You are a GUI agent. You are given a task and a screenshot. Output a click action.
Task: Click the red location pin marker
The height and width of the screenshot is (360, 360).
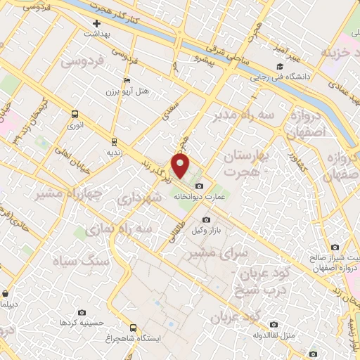(x=181, y=166)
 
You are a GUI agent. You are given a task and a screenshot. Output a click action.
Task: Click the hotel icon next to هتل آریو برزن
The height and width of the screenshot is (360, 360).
(x=127, y=81)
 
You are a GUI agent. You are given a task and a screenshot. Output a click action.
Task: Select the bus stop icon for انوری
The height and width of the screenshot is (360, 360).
(x=75, y=113)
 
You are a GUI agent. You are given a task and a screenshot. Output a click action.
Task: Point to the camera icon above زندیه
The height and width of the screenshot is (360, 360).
(x=112, y=140)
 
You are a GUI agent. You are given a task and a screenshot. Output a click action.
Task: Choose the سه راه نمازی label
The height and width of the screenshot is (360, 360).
(x=117, y=229)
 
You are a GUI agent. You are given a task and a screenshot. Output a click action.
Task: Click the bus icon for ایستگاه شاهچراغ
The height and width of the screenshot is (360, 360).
(x=134, y=328)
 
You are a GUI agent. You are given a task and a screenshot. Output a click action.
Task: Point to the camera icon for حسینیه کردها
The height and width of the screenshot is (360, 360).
(x=82, y=312)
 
